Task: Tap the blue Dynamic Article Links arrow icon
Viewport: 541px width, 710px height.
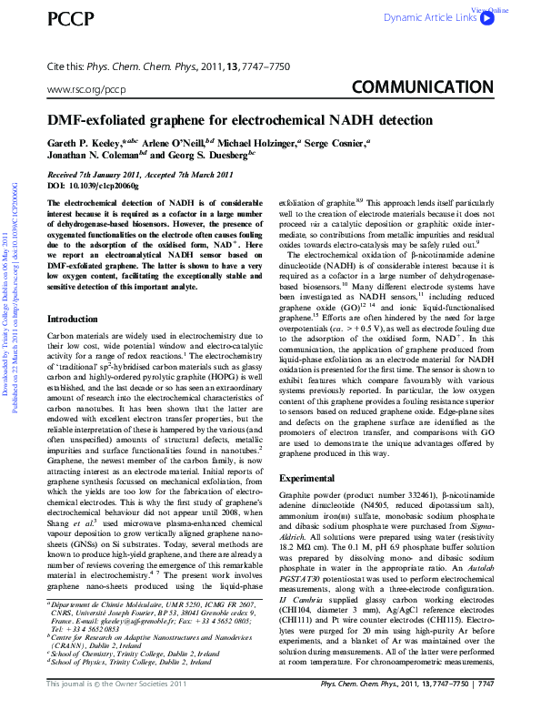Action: pyautogui.click(x=487, y=17)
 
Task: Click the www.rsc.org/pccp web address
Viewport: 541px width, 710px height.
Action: pyautogui.click(x=85, y=90)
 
